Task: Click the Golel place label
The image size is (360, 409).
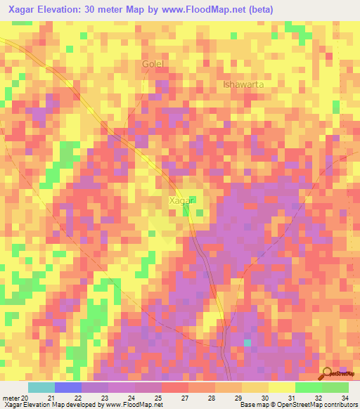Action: (x=153, y=64)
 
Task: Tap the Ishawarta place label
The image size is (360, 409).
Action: (x=243, y=85)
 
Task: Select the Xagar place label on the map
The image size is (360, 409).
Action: (x=181, y=200)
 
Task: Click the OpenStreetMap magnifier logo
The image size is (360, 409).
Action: (x=328, y=372)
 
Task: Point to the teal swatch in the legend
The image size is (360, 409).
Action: (x=41, y=387)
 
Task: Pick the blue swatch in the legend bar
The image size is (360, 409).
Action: (x=68, y=387)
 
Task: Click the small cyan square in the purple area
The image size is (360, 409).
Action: (x=247, y=343)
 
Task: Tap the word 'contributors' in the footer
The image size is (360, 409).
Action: (x=340, y=405)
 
